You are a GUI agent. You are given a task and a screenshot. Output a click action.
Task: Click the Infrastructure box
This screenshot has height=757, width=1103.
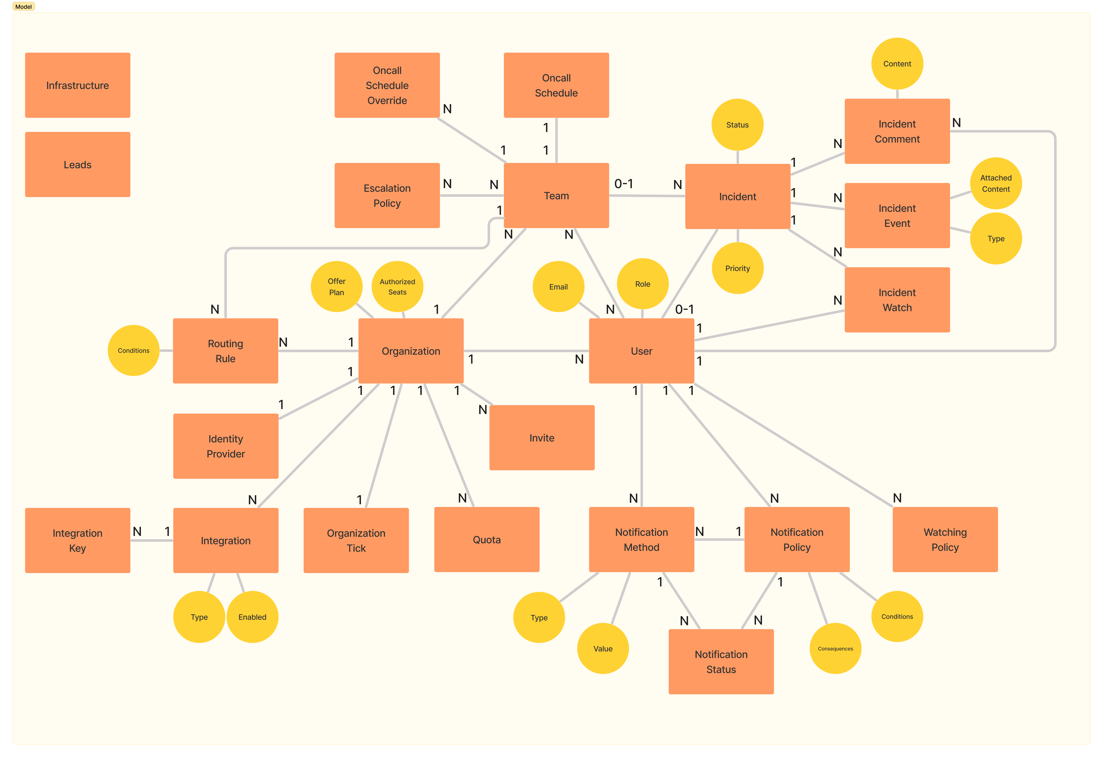tap(77, 85)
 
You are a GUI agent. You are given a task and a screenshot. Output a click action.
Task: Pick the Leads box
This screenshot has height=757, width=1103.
tap(77, 165)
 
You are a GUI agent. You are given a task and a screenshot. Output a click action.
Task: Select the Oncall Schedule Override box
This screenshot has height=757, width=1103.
tap(387, 85)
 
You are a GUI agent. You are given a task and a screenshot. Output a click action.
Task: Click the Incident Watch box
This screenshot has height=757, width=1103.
tap(897, 300)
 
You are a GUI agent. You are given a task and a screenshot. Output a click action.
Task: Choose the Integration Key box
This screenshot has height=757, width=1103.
tap(77, 541)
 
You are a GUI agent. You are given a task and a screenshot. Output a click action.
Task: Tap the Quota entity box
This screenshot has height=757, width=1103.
tap(486, 540)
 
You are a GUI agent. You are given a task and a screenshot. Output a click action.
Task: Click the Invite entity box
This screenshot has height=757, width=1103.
tap(541, 438)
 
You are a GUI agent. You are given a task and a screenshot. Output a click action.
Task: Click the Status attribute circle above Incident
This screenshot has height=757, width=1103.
tap(737, 125)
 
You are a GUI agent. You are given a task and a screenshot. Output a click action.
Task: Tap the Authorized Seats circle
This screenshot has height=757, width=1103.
tap(397, 287)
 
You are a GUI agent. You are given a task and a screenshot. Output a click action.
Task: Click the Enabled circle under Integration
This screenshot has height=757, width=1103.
tap(252, 617)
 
